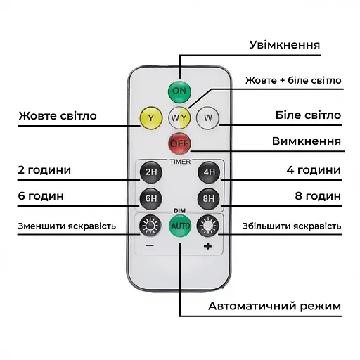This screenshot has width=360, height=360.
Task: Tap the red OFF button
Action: [179, 144]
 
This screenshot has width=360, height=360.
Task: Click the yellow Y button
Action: [151, 117]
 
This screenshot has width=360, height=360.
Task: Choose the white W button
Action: [207, 117]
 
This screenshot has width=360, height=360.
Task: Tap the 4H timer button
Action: [208, 171]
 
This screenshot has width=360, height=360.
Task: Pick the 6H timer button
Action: [150, 198]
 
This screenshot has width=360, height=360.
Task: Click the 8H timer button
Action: [208, 198]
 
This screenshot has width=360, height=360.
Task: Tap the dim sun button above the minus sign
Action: [150, 226]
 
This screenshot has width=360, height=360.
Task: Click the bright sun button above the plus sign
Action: [208, 226]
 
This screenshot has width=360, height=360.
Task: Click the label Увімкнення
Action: [285, 45]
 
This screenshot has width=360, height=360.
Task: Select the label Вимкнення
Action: [307, 141]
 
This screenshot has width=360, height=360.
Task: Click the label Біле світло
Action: [307, 115]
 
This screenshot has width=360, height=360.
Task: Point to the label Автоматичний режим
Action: [274, 306]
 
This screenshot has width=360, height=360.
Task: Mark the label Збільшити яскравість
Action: [292, 226]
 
